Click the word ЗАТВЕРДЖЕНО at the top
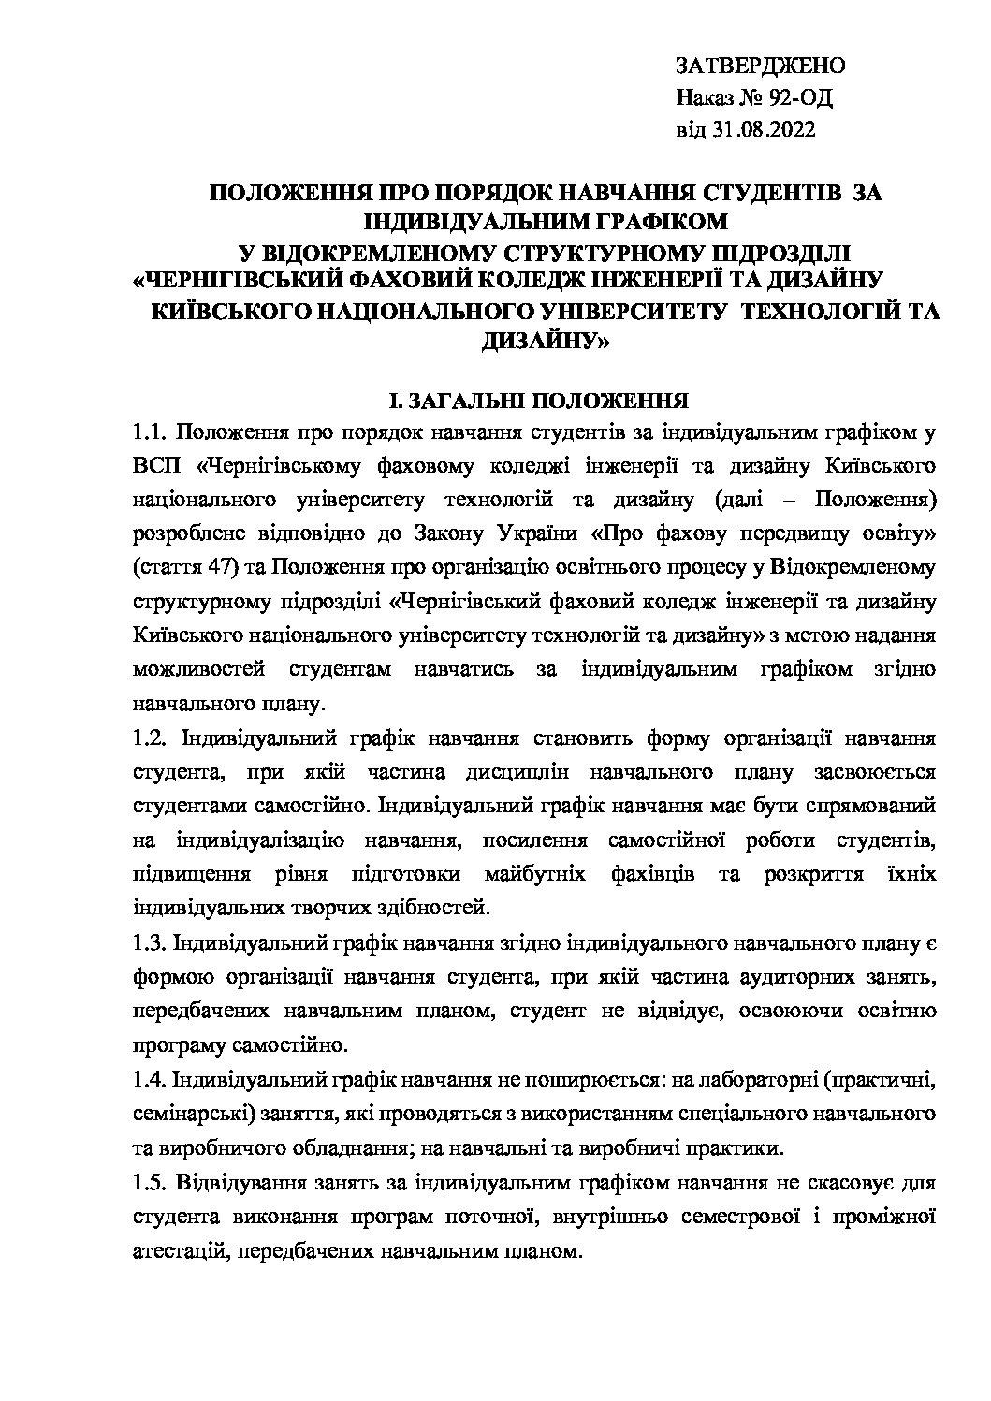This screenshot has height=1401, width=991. pyautogui.click(x=760, y=66)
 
